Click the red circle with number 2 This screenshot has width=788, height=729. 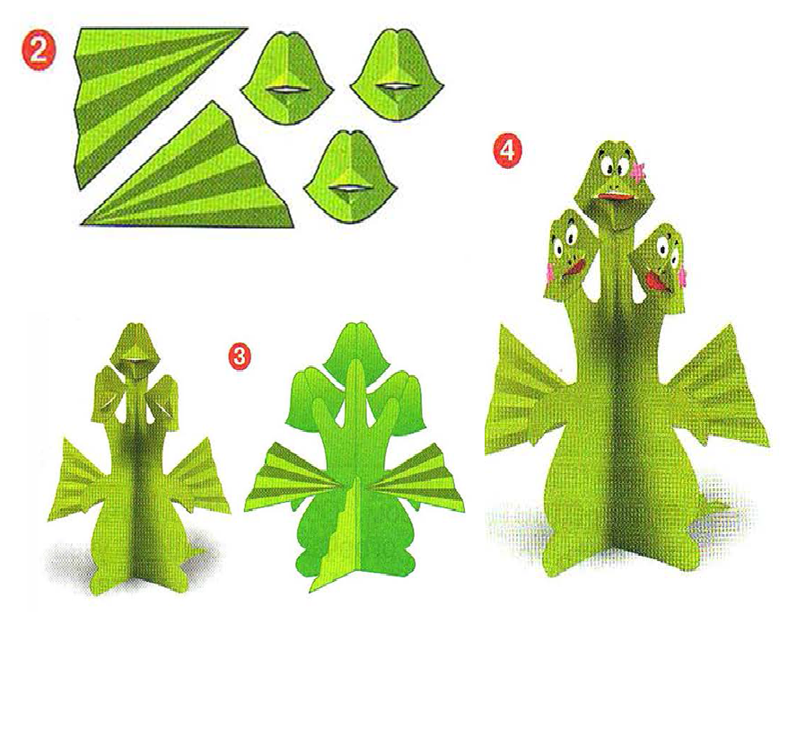tap(39, 53)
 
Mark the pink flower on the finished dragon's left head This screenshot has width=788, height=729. tap(550, 272)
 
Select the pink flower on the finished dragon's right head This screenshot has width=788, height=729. tap(682, 277)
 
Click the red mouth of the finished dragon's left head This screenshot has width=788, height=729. tap(573, 268)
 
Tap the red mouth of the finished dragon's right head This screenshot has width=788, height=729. tap(655, 281)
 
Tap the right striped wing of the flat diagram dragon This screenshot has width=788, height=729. tap(417, 479)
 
